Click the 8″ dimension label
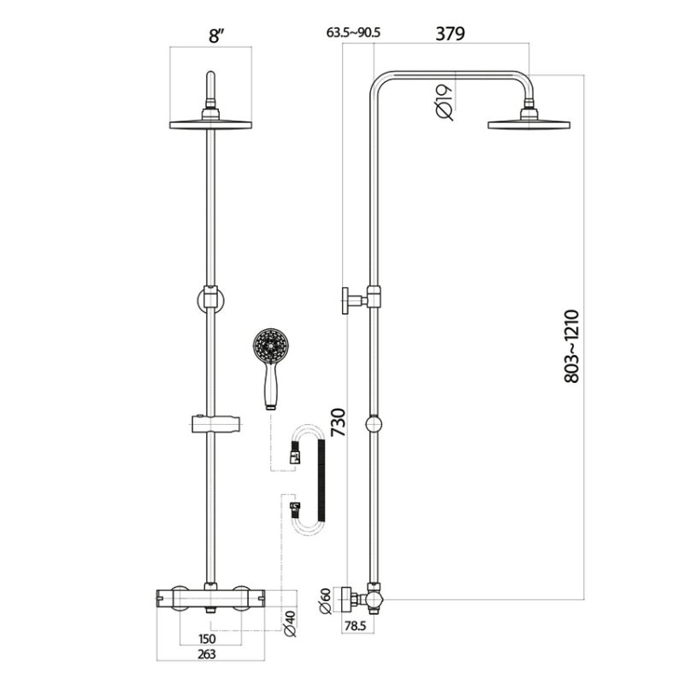[x=216, y=36]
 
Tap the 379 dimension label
[x=451, y=33]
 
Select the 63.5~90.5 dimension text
[x=353, y=32]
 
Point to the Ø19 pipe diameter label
[x=444, y=103]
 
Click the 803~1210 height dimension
[x=571, y=346]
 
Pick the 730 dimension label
[x=338, y=422]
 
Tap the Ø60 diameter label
[x=326, y=601]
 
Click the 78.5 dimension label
[x=355, y=626]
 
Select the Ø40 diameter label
[x=290, y=623]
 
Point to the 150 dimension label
[x=207, y=639]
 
